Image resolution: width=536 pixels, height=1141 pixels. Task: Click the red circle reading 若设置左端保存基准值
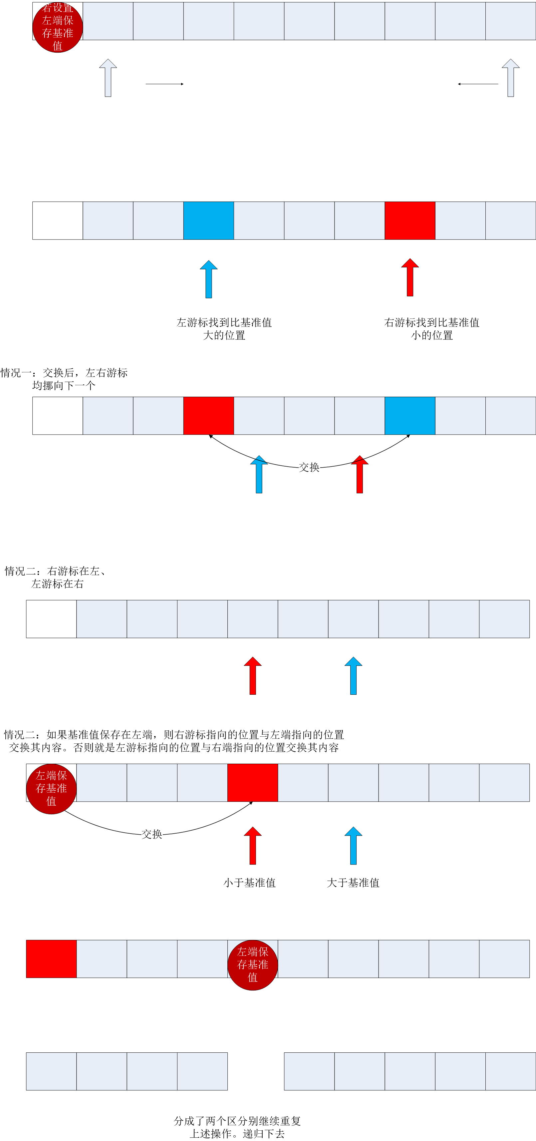[58, 27]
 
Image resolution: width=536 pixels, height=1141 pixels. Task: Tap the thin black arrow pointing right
[164, 84]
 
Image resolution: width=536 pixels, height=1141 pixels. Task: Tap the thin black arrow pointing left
[478, 84]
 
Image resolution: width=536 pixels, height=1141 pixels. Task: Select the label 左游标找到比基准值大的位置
[224, 329]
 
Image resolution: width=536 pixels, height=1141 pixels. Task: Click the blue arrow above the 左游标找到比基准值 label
[208, 279]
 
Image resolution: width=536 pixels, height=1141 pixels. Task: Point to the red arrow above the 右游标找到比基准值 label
[410, 277]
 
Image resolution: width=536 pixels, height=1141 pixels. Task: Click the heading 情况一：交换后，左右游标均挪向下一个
[64, 379]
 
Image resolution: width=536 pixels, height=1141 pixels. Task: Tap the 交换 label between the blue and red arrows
[309, 467]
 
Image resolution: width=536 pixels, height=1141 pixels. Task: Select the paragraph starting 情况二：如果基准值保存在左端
[174, 741]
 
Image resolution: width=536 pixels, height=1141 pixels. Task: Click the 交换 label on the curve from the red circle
[152, 834]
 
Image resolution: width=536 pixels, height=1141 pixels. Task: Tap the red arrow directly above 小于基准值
[253, 846]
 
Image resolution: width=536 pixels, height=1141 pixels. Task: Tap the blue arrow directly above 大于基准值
[353, 846]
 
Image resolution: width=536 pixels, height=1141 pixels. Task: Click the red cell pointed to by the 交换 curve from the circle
[253, 783]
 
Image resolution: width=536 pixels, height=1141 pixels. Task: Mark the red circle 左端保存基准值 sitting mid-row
[253, 965]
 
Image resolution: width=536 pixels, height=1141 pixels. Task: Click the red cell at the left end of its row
[51, 959]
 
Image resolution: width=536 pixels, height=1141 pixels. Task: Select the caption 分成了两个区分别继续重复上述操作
[237, 1127]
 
